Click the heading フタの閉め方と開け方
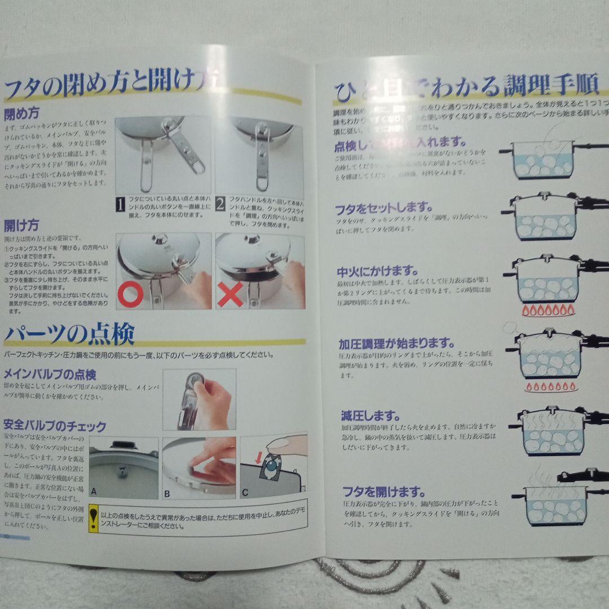pyautogui.click(x=113, y=86)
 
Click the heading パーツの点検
pyautogui.click(x=69, y=334)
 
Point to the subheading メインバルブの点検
pyautogui.click(x=50, y=374)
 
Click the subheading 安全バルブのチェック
pyautogui.click(x=55, y=425)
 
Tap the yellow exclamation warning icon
pyautogui.click(x=94, y=519)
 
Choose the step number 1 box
pyautogui.click(x=120, y=204)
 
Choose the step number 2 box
pyautogui.click(x=220, y=204)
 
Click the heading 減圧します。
pyautogui.click(x=370, y=417)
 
